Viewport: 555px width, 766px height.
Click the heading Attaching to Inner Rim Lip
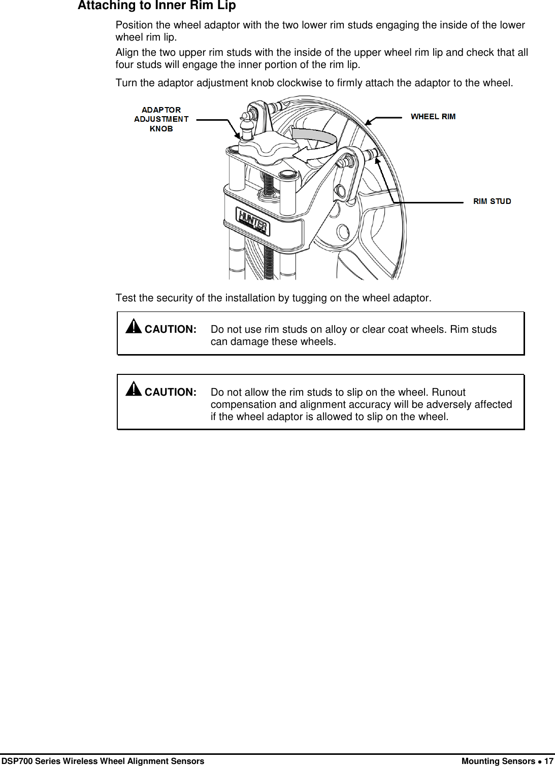click(x=156, y=6)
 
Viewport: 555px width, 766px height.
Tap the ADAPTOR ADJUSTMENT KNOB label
click(x=161, y=119)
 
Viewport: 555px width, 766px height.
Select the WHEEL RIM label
click(x=433, y=117)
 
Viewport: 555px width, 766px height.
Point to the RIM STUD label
click(x=492, y=201)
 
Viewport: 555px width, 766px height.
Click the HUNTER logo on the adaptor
click(x=253, y=222)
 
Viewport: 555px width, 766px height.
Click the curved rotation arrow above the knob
click(x=315, y=144)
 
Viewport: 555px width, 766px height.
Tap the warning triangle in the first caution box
click(x=134, y=326)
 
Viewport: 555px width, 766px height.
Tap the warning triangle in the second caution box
click(x=134, y=389)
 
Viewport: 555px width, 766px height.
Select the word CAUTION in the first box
click(x=170, y=329)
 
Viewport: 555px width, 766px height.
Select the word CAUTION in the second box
click(x=170, y=392)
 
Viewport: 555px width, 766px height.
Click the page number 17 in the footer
click(x=548, y=761)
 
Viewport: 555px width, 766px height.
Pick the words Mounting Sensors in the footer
click(x=498, y=761)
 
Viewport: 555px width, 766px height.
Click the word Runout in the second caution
click(x=448, y=392)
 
